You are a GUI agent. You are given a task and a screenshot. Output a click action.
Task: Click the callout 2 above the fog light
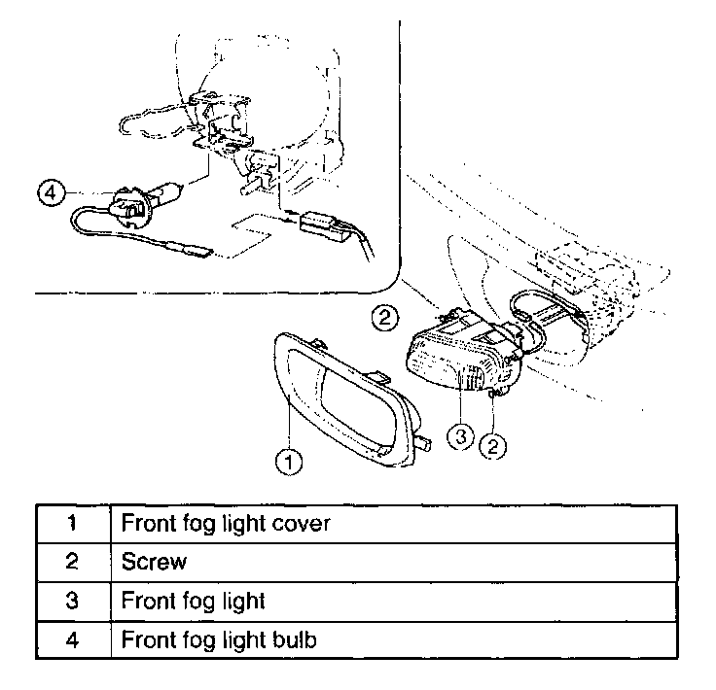[385, 315]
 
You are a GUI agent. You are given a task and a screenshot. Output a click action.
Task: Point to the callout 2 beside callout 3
[495, 446]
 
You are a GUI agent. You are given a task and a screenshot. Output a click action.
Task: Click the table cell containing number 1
[73, 523]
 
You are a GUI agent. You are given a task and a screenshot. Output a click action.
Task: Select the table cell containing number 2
[73, 562]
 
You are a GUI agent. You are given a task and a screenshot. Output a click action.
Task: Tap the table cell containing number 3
[73, 601]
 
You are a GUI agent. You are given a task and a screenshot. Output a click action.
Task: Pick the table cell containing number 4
[73, 640]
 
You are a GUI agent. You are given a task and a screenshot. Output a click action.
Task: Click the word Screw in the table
[153, 562]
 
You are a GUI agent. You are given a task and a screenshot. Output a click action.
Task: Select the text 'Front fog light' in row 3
[193, 601]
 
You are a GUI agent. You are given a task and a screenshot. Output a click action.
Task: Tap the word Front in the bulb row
[145, 640]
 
